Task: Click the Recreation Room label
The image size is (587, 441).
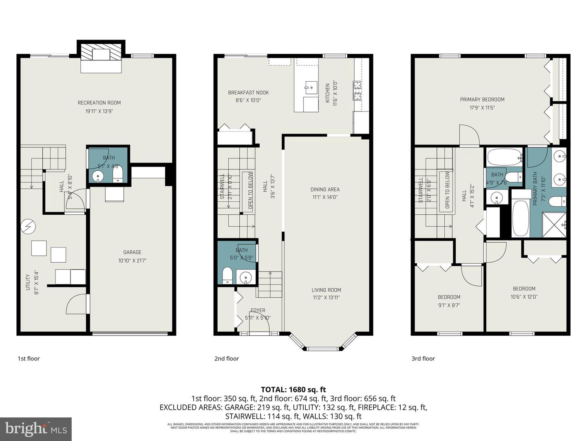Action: [x=99, y=102]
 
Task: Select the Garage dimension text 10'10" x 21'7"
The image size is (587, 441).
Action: [x=132, y=260]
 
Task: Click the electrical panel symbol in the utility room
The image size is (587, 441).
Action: [x=29, y=227]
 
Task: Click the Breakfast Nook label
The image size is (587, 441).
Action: [x=248, y=93]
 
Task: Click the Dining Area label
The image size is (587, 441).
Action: [x=325, y=189]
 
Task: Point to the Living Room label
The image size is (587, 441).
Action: [x=326, y=290]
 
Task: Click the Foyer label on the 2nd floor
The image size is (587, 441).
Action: [x=258, y=310]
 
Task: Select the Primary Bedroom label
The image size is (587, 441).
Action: [x=482, y=99]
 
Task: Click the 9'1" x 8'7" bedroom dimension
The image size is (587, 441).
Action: [x=449, y=305]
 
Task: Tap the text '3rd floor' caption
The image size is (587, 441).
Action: [x=423, y=359]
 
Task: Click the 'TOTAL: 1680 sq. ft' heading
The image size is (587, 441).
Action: [x=293, y=390]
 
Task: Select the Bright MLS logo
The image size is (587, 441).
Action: [x=36, y=429]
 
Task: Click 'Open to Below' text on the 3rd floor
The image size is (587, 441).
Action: [x=448, y=190]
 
